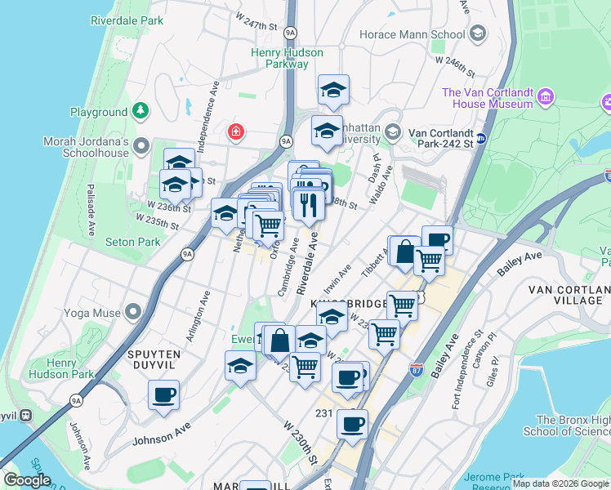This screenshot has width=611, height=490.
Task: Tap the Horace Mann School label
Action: pyautogui.click(x=413, y=34)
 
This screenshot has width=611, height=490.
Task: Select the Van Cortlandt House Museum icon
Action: pyautogui.click(x=546, y=98)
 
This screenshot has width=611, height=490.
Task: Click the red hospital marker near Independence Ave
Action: pyautogui.click(x=236, y=131)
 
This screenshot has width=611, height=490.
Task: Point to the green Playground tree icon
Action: pyautogui.click(x=141, y=109)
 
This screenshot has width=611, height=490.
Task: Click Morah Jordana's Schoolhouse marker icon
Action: pyautogui.click(x=141, y=146)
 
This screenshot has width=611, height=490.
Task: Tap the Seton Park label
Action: pyautogui.click(x=133, y=242)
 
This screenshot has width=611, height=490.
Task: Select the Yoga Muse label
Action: pyautogui.click(x=82, y=312)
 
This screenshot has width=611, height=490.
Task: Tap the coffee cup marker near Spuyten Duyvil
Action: pyautogui.click(x=163, y=395)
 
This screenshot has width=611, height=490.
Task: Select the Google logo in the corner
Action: pyautogui.click(x=27, y=480)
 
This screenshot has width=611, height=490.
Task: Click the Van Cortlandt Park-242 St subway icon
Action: pyautogui.click(x=482, y=138)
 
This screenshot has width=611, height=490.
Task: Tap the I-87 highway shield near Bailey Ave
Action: pyautogui.click(x=416, y=368)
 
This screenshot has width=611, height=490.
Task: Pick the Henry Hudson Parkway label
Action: pyautogui.click(x=286, y=58)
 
